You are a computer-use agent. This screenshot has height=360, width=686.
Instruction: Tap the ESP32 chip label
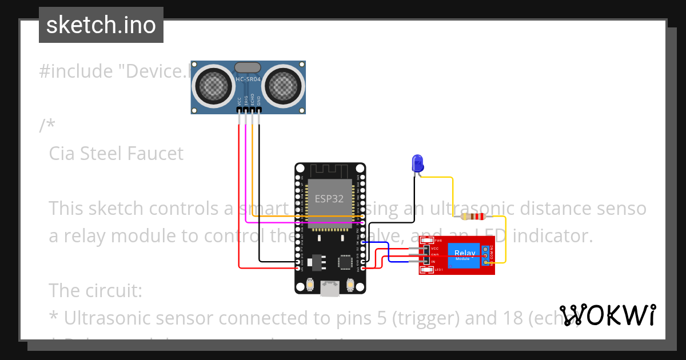(330, 199)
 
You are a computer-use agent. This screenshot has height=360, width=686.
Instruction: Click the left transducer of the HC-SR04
(214, 86)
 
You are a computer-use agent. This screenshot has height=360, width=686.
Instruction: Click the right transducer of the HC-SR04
(281, 86)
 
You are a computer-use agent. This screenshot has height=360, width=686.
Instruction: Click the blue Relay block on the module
(464, 255)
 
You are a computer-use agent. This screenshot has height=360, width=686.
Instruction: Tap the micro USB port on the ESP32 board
(330, 289)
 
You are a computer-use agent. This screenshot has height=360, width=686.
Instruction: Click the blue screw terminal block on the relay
(486, 255)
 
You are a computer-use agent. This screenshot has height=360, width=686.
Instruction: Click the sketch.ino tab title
(101, 25)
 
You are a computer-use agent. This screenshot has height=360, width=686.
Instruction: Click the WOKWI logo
(607, 315)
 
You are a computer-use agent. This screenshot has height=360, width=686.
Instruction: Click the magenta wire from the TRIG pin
(246, 171)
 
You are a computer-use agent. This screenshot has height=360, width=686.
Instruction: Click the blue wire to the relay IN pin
(389, 252)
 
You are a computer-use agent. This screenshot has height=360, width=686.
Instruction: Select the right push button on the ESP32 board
(350, 284)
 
